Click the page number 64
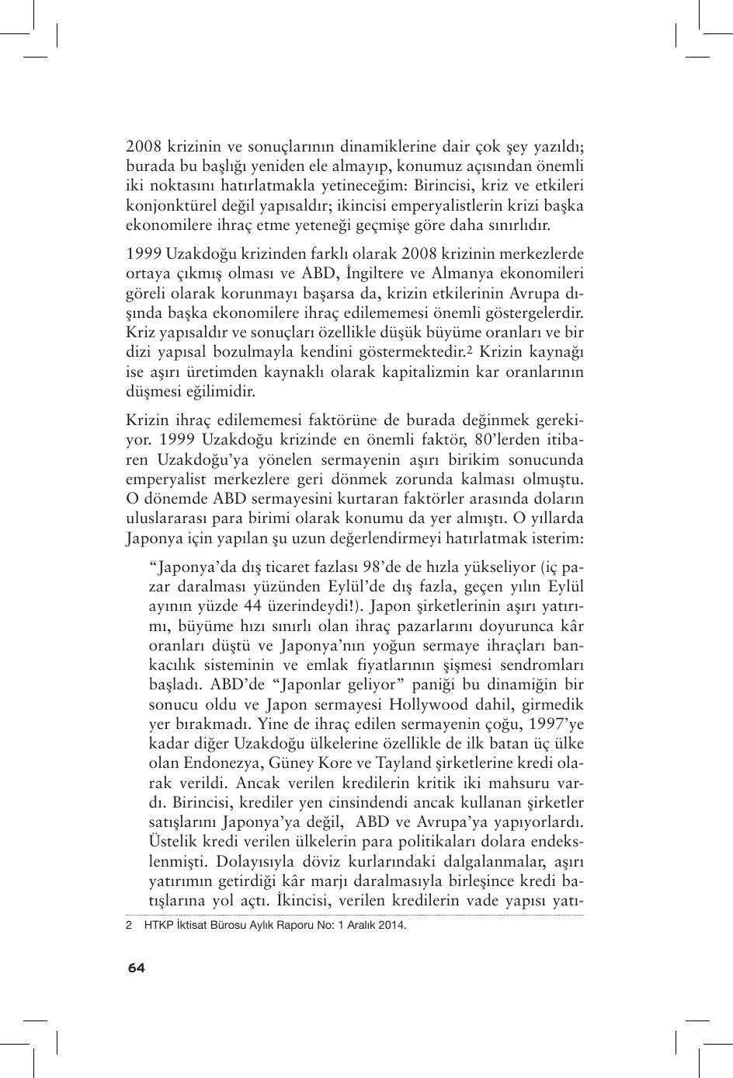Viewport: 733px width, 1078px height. (x=137, y=967)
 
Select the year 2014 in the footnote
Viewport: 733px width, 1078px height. (x=391, y=926)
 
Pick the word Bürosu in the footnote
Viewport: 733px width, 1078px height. (x=225, y=926)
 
